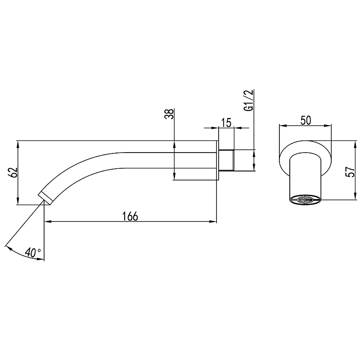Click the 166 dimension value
click(130, 216)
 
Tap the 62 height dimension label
click(13, 172)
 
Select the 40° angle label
click(33, 252)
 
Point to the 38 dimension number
click(169, 114)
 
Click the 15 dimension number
click(226, 122)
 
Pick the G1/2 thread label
click(249, 100)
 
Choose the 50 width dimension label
click(306, 120)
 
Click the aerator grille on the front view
click(305, 199)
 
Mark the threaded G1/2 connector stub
click(226, 160)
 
